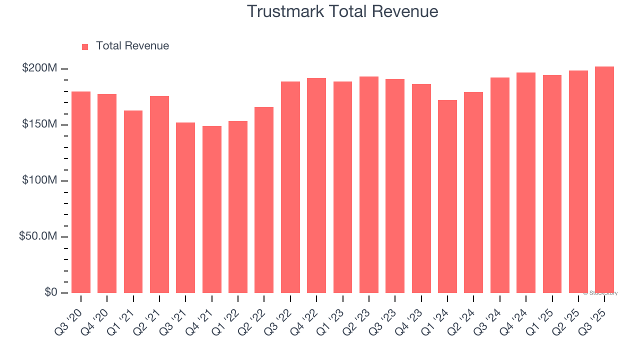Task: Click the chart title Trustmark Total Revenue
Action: [342, 11]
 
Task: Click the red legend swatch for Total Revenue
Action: [85, 46]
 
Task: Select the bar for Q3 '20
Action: [81, 192]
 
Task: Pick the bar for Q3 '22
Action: [290, 187]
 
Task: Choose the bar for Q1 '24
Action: [447, 196]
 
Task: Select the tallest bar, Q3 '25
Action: [604, 179]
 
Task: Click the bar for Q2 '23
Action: [369, 184]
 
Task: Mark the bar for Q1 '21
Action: [133, 201]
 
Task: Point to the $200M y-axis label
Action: [39, 68]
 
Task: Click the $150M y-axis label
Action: [39, 124]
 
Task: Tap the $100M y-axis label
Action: [39, 180]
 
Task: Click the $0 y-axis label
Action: [50, 292]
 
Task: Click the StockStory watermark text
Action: [600, 293]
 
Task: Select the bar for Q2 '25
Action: [578, 181]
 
